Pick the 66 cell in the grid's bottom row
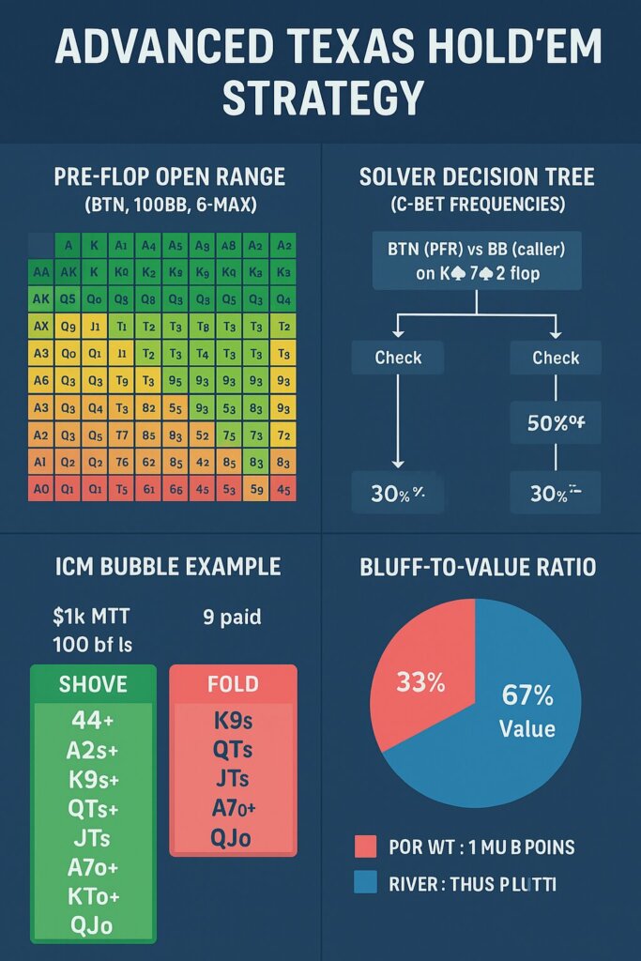pos(176,488)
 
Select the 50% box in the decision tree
pos(556,424)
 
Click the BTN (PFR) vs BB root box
pos(478,262)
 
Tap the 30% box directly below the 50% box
pos(556,494)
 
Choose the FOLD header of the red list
pos(232,683)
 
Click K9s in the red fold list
pos(232,722)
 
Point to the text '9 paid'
pos(231,618)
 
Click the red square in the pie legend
pos(366,847)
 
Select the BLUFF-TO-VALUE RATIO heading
pos(478,567)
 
